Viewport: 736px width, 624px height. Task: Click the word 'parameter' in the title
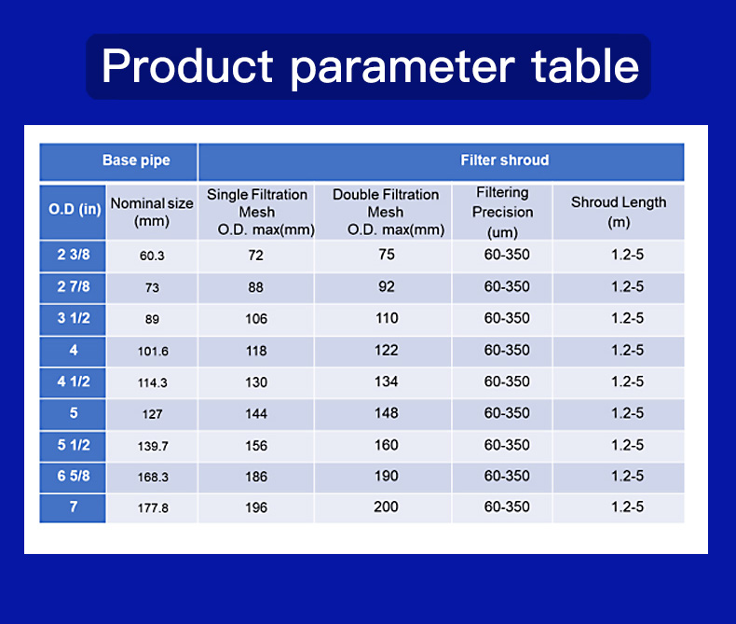(x=402, y=67)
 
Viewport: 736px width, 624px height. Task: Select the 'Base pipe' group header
(x=136, y=160)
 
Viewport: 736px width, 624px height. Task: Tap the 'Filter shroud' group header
(x=505, y=160)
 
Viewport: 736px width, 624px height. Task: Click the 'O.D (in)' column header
(x=75, y=209)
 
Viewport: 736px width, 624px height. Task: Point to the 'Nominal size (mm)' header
(x=152, y=212)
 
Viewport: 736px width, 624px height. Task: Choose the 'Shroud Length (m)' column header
(x=619, y=212)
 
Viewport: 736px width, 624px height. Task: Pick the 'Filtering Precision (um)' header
(x=503, y=213)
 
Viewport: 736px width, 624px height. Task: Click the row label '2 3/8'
(x=74, y=255)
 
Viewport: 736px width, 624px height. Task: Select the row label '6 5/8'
(x=74, y=476)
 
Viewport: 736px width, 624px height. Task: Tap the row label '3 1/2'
(x=74, y=318)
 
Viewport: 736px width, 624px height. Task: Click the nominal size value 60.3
(x=152, y=256)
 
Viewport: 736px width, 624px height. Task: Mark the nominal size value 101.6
(x=153, y=351)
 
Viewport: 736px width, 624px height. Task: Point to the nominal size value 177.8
(x=153, y=508)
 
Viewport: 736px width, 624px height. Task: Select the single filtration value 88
(x=256, y=287)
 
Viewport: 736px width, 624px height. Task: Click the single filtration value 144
(x=256, y=413)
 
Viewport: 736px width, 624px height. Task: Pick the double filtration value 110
(x=387, y=318)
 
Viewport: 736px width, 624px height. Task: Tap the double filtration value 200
(x=387, y=506)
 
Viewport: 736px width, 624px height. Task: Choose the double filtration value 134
(x=387, y=381)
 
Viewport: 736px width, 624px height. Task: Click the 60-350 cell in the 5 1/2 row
(x=507, y=445)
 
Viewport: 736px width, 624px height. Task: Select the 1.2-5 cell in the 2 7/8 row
(x=628, y=286)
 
